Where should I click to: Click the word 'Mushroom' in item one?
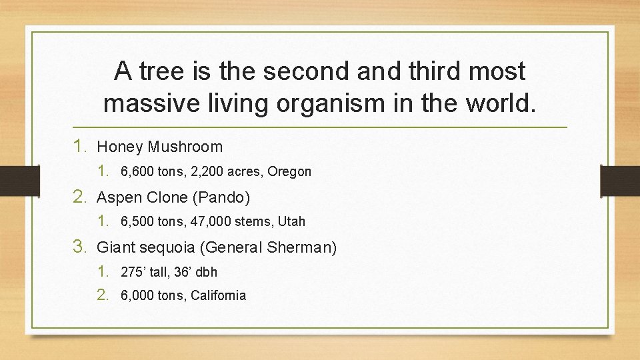click(185, 147)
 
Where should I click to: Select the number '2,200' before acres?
click(205, 171)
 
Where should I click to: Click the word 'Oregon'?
click(289, 171)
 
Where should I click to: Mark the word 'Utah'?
click(291, 221)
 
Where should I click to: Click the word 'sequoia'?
click(165, 248)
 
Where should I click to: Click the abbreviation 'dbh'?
click(206, 272)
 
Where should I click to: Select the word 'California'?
click(218, 295)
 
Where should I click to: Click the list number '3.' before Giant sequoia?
click(81, 247)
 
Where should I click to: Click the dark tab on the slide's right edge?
click(619, 181)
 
